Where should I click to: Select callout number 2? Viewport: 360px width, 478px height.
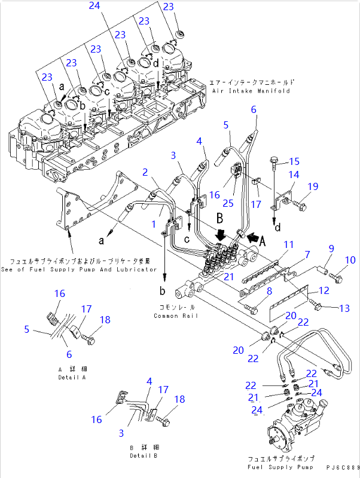[x=145, y=172]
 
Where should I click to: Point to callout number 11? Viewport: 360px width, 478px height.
[x=289, y=245]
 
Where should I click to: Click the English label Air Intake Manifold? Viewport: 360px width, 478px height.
[x=251, y=91]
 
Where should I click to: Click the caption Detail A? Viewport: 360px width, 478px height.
[x=72, y=378]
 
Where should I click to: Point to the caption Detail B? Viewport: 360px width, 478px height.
[x=142, y=456]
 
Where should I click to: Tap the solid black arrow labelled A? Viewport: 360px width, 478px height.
[x=254, y=239]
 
